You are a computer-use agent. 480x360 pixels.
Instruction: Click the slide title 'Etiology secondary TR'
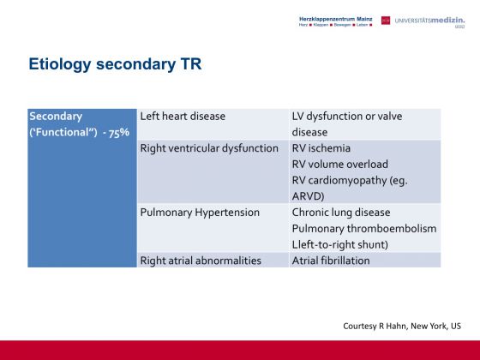115,64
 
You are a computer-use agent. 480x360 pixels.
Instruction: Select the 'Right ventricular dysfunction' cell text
209,148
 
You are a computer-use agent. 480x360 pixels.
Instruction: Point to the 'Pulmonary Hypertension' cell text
200,213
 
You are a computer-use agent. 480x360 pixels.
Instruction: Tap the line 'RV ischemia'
321,148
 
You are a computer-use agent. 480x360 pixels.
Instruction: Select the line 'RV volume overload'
340,165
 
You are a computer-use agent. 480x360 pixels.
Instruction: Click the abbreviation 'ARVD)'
308,196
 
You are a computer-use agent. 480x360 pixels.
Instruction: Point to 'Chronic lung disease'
341,213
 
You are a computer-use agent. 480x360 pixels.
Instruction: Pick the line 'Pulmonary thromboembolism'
364,229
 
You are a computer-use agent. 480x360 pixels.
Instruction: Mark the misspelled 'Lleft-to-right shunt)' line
340,244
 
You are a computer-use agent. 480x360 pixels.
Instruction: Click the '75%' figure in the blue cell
119,133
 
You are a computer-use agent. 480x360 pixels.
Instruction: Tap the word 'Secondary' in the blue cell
56,117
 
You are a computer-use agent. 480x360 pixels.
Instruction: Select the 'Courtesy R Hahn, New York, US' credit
402,326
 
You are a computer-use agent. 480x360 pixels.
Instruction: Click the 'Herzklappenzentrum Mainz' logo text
335,19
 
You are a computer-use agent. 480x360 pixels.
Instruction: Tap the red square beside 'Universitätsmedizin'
386,21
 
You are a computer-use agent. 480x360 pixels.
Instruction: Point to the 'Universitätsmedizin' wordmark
429,21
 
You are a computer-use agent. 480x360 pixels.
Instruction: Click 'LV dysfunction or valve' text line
347,117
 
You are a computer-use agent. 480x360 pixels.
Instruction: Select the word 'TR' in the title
191,64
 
